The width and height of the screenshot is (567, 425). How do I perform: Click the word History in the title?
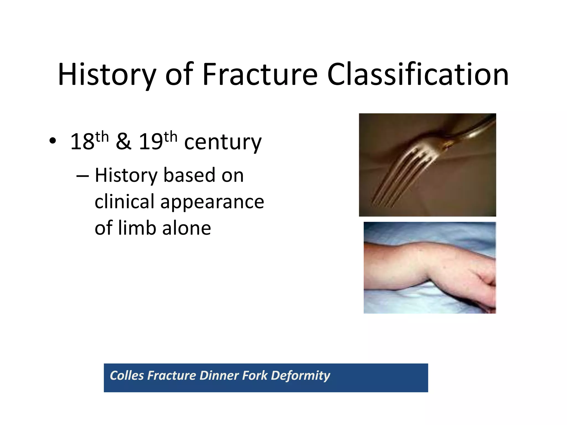(x=107, y=75)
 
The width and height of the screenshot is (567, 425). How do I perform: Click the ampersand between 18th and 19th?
(x=123, y=142)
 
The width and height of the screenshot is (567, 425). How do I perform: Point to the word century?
(x=223, y=142)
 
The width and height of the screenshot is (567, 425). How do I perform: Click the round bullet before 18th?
(x=53, y=141)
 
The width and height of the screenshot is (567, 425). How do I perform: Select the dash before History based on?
(x=83, y=176)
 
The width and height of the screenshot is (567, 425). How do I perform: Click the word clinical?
(x=125, y=201)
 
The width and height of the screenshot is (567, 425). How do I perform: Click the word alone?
(x=187, y=228)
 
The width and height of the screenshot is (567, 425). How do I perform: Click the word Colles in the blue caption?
(x=127, y=375)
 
